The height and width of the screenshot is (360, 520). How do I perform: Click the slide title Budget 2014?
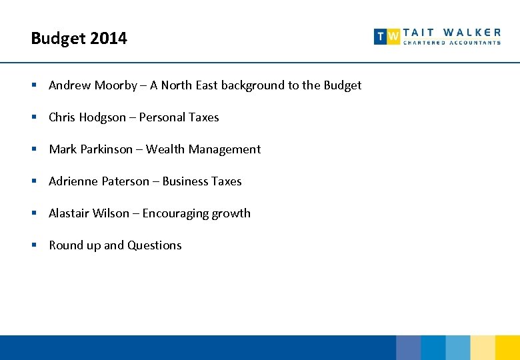click(79, 39)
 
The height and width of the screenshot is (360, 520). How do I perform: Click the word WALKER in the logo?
click(472, 32)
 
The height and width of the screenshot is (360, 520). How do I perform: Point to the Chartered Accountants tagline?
click(452, 43)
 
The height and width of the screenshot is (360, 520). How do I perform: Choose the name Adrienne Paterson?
click(99, 181)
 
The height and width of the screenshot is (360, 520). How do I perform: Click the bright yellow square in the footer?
click(507, 347)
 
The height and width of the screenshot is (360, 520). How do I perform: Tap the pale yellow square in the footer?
click(483, 347)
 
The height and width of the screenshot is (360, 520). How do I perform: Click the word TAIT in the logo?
click(419, 32)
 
